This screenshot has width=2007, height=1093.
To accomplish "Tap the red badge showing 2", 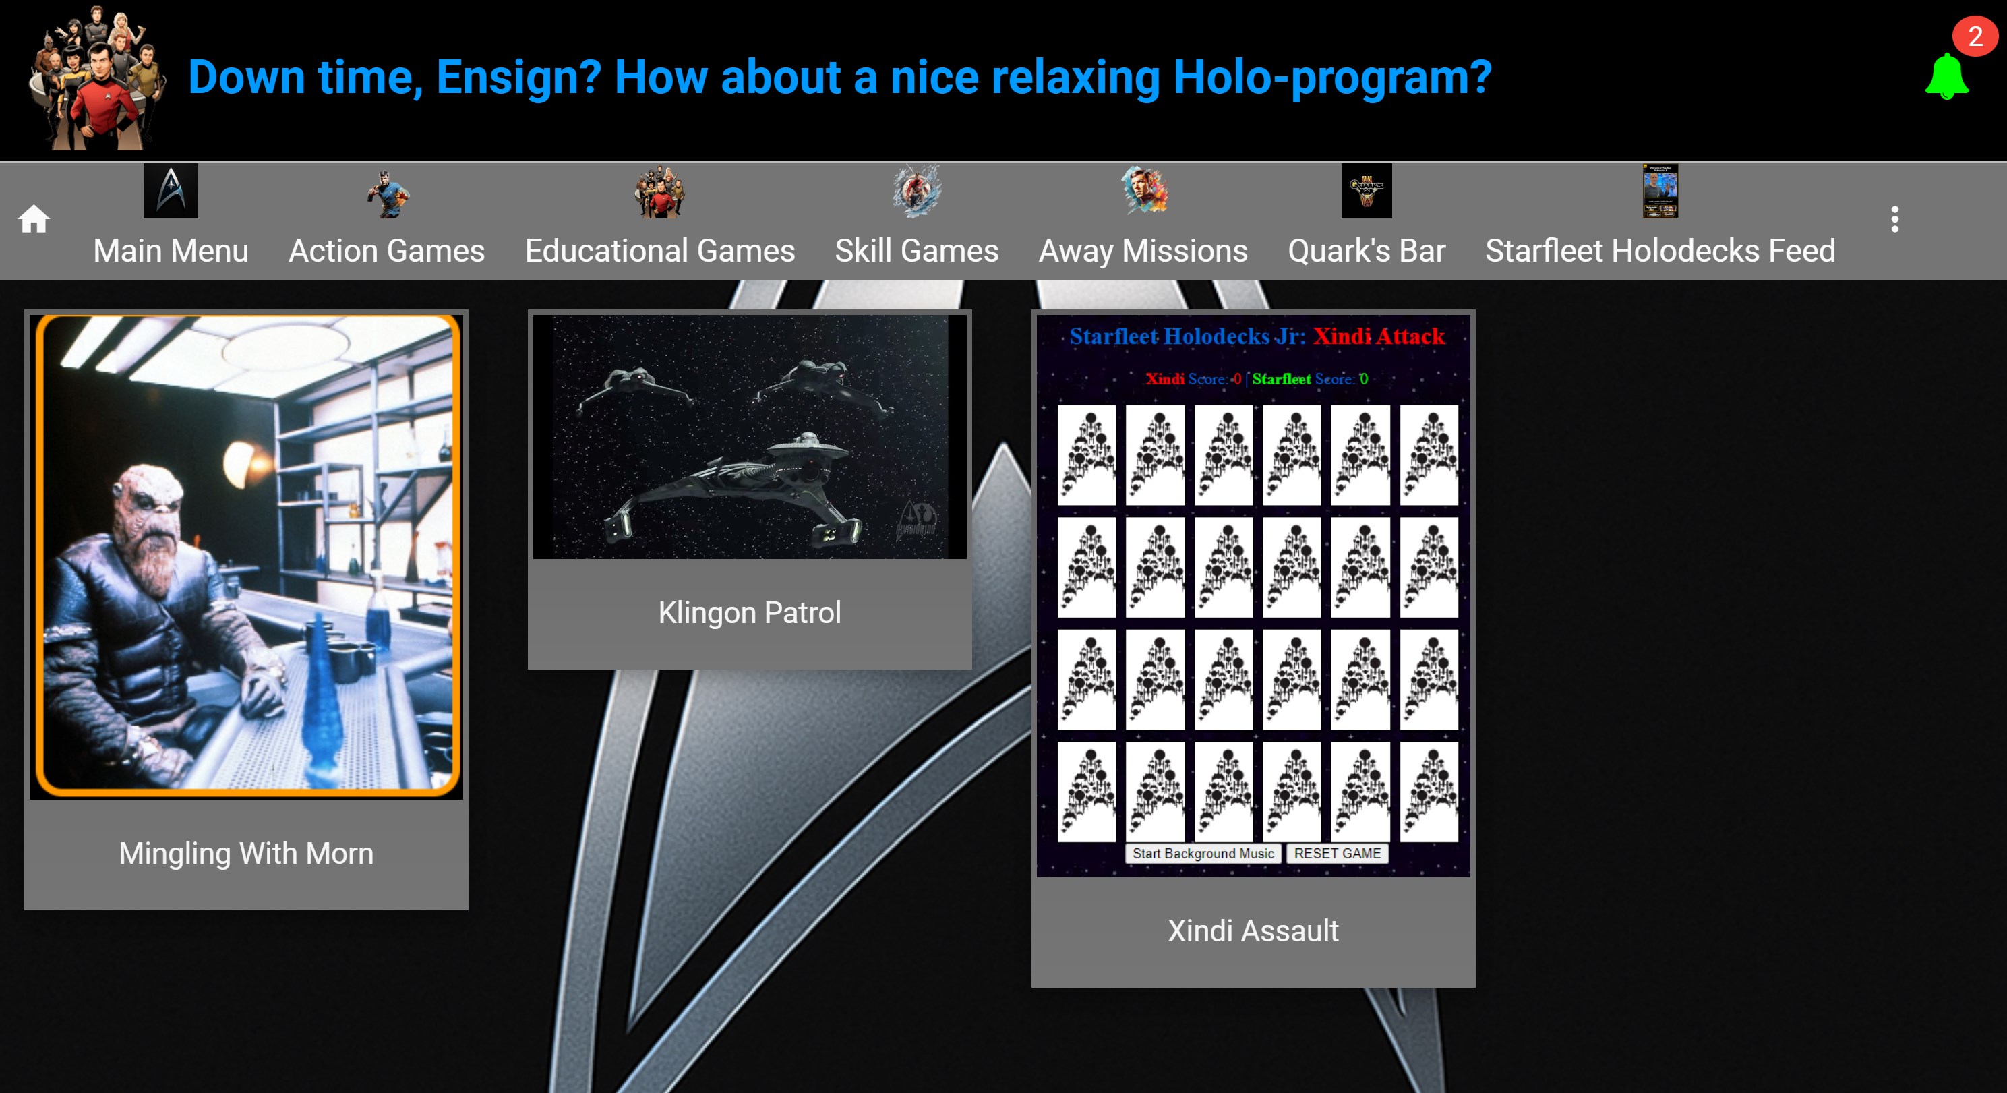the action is click(x=1975, y=36).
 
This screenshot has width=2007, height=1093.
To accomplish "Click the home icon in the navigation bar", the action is click(x=34, y=220).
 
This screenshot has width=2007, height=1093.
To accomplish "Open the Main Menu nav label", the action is click(x=171, y=251).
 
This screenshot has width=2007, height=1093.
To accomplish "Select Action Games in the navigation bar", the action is click(x=386, y=251).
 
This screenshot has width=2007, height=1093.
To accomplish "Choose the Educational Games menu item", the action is click(x=660, y=251).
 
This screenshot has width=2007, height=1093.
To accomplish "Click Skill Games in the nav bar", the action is click(x=916, y=251).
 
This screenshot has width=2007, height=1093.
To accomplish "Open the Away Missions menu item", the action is click(x=1143, y=251).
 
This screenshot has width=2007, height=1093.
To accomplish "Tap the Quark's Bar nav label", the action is click(x=1367, y=251).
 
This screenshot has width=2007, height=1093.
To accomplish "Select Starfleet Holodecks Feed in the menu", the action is click(x=1660, y=251).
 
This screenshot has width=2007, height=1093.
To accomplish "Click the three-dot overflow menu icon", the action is click(x=1895, y=219).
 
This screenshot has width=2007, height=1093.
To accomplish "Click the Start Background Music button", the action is click(x=1203, y=853).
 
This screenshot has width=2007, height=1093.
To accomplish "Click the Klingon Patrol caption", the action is click(x=750, y=612).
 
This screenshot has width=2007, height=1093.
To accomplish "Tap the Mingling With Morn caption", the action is click(x=246, y=854).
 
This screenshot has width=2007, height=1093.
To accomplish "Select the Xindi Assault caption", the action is click(x=1253, y=930).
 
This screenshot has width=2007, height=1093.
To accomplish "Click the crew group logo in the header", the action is click(x=96, y=78).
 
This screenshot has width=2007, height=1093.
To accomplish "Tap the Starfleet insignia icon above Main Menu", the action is click(x=171, y=191).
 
